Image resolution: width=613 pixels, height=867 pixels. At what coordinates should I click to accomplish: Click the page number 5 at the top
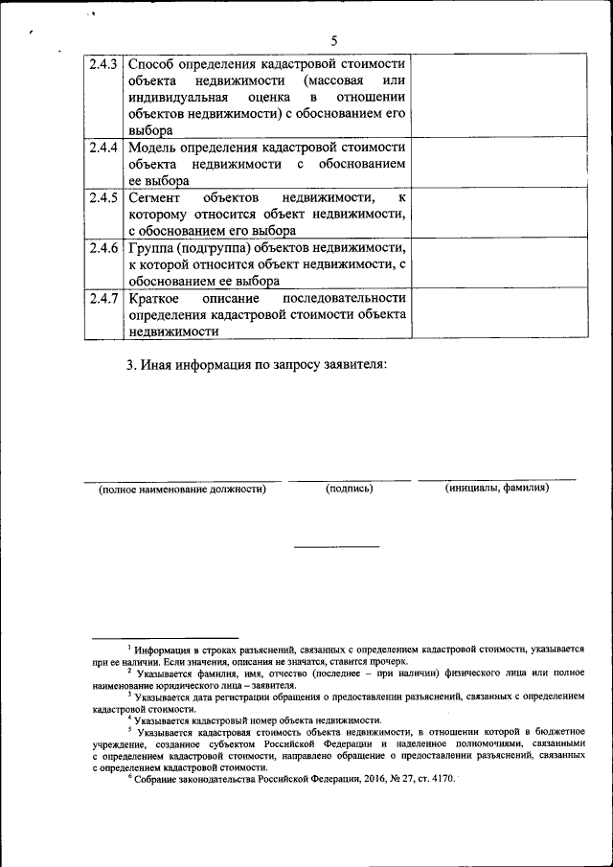[x=334, y=40]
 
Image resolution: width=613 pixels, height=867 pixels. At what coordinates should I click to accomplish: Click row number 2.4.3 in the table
[x=102, y=65]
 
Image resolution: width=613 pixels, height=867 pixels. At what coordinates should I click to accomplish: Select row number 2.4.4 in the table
[x=102, y=148]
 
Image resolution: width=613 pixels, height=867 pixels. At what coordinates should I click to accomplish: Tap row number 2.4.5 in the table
[x=102, y=198]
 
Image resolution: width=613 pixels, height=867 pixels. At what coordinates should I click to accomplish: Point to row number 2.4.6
[x=102, y=248]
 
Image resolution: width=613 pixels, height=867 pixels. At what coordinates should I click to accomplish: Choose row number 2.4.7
[x=102, y=298]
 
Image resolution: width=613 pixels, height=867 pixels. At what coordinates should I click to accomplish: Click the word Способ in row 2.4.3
[x=151, y=65]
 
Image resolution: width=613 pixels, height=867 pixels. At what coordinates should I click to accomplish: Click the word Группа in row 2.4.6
[x=150, y=248]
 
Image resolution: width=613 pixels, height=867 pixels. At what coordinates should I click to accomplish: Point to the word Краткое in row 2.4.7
[x=153, y=298]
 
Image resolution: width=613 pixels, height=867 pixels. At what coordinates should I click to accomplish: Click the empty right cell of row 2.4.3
[x=499, y=97]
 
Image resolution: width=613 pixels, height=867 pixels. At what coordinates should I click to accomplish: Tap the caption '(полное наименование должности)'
[x=182, y=489]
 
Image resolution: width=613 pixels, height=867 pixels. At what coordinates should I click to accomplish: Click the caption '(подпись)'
[x=349, y=489]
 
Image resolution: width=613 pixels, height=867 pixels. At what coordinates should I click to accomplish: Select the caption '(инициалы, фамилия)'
[x=496, y=489]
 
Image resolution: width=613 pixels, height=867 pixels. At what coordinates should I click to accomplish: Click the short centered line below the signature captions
[x=336, y=546]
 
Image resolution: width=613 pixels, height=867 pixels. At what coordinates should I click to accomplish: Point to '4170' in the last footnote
[x=442, y=780]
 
